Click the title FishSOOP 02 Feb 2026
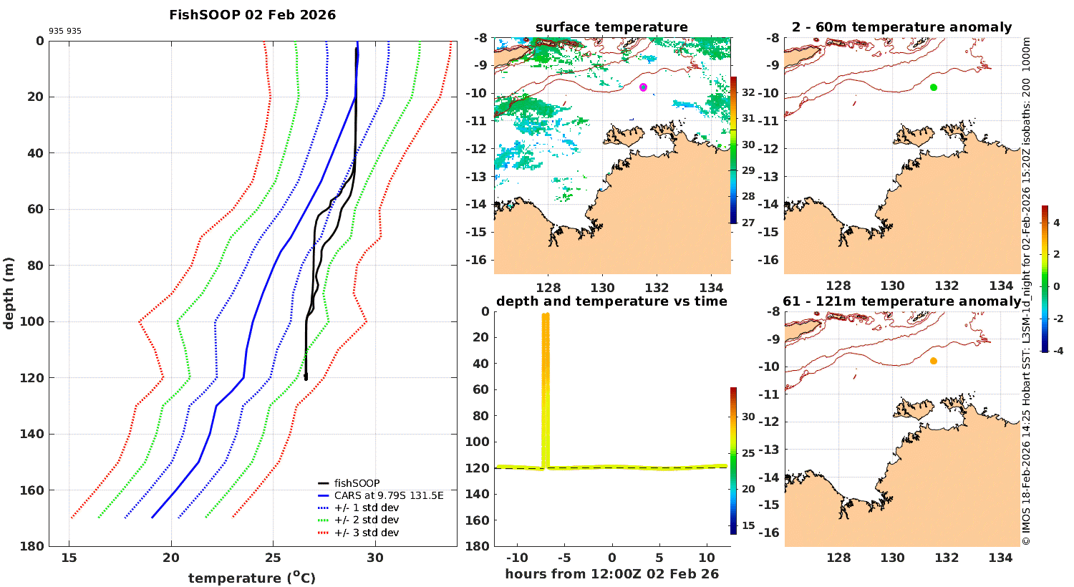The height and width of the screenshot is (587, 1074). (252, 15)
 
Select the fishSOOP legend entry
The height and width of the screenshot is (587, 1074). (357, 483)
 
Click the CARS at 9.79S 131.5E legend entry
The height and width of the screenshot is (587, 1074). (389, 495)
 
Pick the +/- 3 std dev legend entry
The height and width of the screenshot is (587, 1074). (366, 533)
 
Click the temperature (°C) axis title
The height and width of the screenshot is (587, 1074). (251, 578)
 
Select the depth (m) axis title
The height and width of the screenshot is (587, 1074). (9, 293)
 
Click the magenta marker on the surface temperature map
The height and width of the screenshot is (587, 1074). (643, 87)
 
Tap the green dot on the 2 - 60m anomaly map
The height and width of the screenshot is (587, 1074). (934, 87)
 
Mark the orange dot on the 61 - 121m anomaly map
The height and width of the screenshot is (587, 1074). (934, 361)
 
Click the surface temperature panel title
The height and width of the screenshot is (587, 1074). (611, 28)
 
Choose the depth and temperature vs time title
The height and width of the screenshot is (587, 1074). (611, 301)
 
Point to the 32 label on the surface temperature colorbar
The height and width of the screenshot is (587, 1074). (748, 92)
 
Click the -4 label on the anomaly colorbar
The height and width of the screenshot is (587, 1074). (1058, 351)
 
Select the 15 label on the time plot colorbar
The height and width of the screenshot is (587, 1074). (748, 525)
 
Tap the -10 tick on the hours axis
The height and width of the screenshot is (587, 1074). (516, 558)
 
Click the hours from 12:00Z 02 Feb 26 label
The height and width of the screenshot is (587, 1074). (611, 574)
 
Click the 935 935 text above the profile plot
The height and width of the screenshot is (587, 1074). (65, 31)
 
